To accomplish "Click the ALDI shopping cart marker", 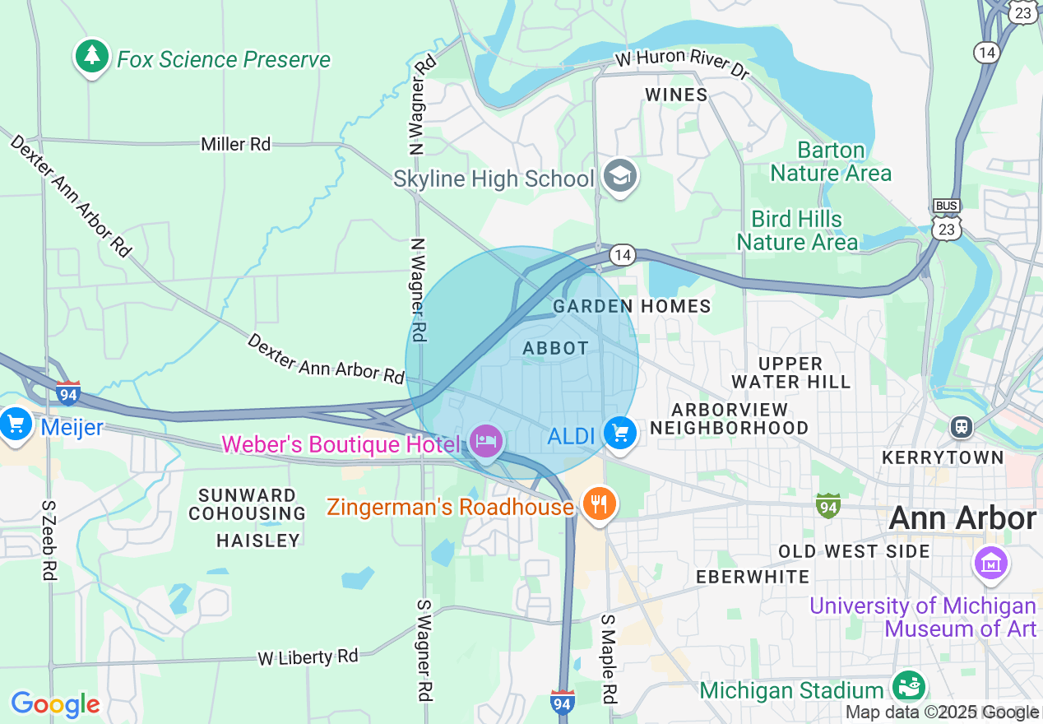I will click(619, 433).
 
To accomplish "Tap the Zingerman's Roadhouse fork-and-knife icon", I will click(600, 503).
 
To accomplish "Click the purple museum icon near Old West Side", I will click(991, 564).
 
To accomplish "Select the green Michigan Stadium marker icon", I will click(909, 687).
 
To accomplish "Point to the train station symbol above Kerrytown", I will click(960, 427).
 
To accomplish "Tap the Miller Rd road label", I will click(235, 144).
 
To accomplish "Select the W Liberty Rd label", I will click(308, 657).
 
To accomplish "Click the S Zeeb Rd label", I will click(48, 541).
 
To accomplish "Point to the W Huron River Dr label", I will click(683, 67).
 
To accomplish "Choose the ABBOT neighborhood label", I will click(556, 348).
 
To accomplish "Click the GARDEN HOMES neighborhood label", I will click(631, 306).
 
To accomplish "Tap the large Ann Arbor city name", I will click(962, 518).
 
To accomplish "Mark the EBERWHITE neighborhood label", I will click(753, 577).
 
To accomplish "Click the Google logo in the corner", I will click(55, 704).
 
